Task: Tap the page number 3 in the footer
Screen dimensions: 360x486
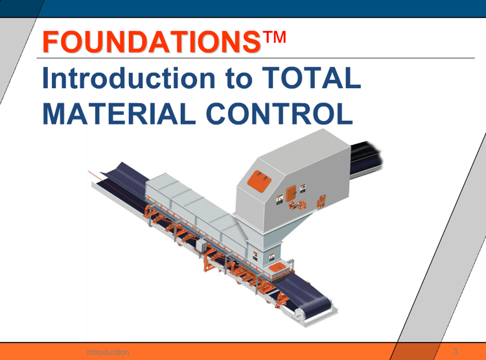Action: click(x=455, y=352)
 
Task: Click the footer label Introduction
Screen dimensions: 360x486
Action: click(x=108, y=352)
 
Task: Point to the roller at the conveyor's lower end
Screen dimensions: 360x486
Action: click(x=298, y=315)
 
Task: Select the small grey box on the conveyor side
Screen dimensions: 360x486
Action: click(x=202, y=245)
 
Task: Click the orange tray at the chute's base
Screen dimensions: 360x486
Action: click(x=277, y=267)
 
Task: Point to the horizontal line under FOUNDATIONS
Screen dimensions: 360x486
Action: click(x=259, y=58)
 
